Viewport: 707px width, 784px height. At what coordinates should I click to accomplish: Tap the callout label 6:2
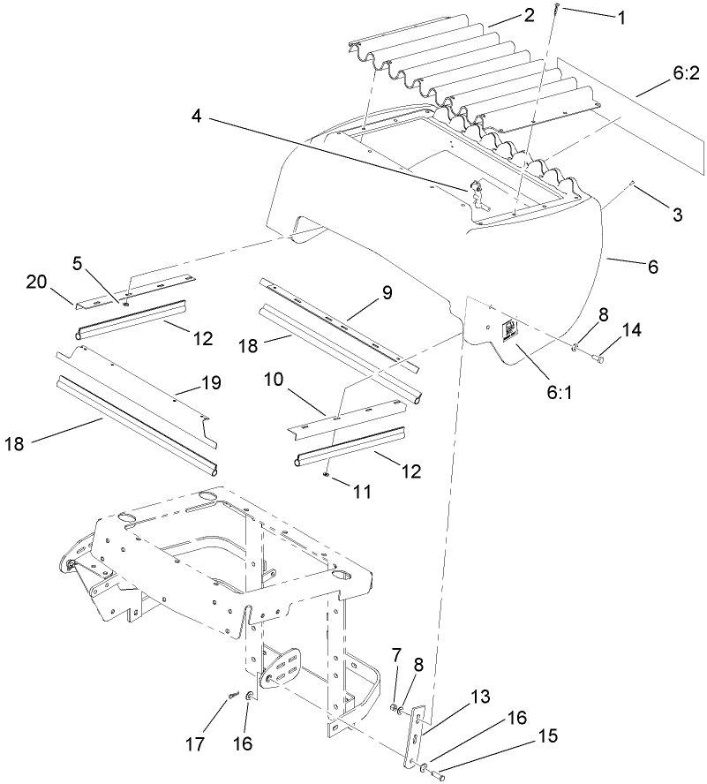pyautogui.click(x=685, y=76)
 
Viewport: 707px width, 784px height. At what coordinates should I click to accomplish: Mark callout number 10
pyautogui.click(x=275, y=379)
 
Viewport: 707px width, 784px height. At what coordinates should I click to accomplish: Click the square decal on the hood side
pyautogui.click(x=510, y=330)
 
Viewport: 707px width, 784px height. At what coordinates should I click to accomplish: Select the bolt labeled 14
pyautogui.click(x=598, y=358)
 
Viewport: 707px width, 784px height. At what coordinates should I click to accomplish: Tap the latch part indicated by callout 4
pyautogui.click(x=474, y=188)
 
